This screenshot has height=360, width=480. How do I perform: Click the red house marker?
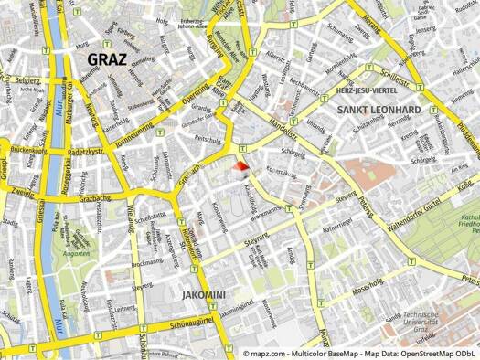pos(240,167)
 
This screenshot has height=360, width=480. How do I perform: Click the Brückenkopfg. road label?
pos(27,150)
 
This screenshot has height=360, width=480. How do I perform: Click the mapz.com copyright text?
pos(360,352)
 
